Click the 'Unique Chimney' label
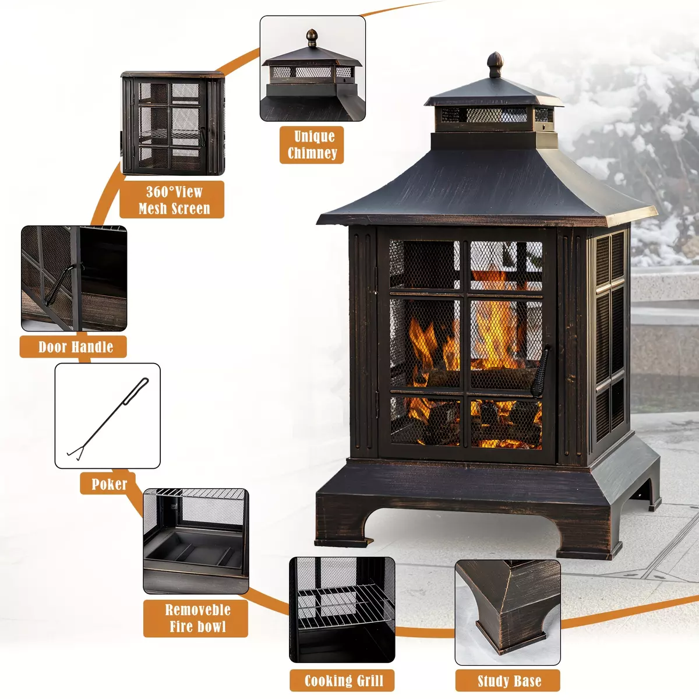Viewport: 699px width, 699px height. point(312,144)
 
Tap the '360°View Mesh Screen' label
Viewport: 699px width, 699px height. point(172,200)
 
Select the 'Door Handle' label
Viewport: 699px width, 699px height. point(73,347)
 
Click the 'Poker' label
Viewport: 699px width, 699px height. point(108,483)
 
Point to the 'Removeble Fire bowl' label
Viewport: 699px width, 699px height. point(196,618)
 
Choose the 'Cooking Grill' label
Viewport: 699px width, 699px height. point(342,680)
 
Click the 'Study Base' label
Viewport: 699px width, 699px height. point(508,680)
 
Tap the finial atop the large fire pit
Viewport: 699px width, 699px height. point(495,65)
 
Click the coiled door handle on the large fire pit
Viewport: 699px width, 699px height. point(540,370)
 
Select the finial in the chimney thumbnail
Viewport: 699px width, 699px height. point(312,38)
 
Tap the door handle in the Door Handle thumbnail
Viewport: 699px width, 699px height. point(62,285)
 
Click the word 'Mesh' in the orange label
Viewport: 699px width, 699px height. point(153,209)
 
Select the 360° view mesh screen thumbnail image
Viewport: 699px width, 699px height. point(172,123)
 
